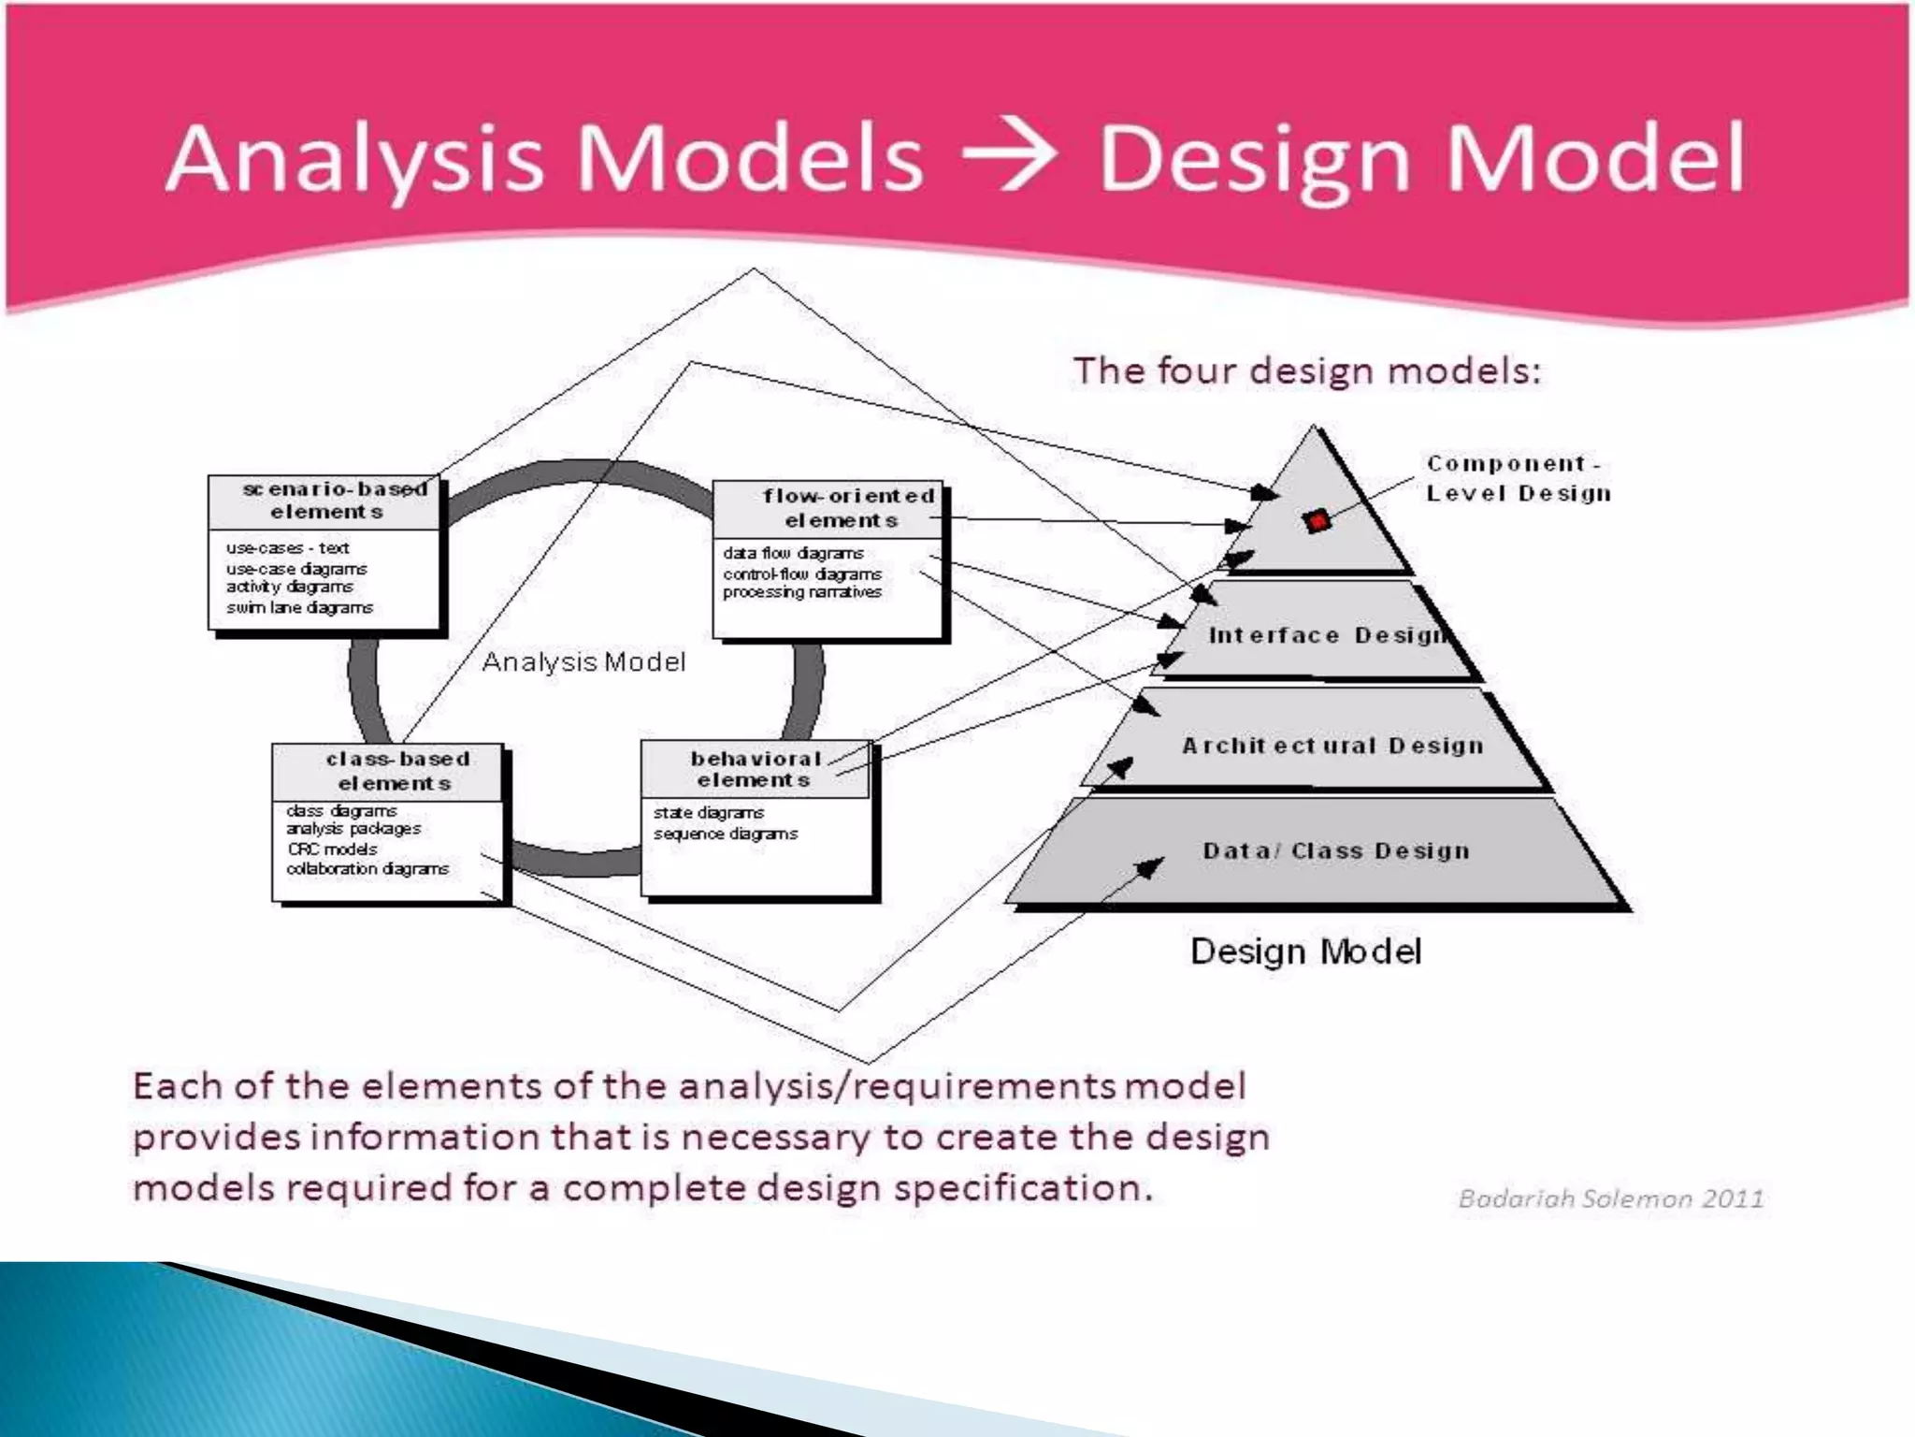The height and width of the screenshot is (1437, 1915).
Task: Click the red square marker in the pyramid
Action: pos(1317,521)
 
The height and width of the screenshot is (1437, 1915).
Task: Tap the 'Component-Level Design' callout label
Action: pos(1518,478)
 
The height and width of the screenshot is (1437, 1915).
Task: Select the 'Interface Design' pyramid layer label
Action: pos(1328,636)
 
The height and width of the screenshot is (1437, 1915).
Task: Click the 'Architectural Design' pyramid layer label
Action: pos(1332,746)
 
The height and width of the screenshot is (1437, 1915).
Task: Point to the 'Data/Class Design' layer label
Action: pos(1336,850)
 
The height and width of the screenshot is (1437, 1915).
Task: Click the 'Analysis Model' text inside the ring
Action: pos(583,662)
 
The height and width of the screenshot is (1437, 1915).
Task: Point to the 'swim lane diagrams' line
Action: pos(299,608)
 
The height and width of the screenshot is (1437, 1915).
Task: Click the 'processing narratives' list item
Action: pos(801,593)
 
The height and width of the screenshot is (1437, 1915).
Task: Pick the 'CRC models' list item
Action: pos(332,849)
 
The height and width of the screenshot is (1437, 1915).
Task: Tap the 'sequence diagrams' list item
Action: pos(726,834)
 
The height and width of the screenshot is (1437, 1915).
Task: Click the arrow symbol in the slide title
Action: pos(1010,157)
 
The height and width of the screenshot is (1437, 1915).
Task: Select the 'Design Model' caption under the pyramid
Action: pos(1305,951)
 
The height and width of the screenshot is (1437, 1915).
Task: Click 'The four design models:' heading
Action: pos(1306,371)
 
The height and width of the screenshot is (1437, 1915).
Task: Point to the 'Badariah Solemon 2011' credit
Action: pos(1610,1198)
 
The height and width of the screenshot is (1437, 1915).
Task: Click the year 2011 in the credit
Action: pos(1732,1198)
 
